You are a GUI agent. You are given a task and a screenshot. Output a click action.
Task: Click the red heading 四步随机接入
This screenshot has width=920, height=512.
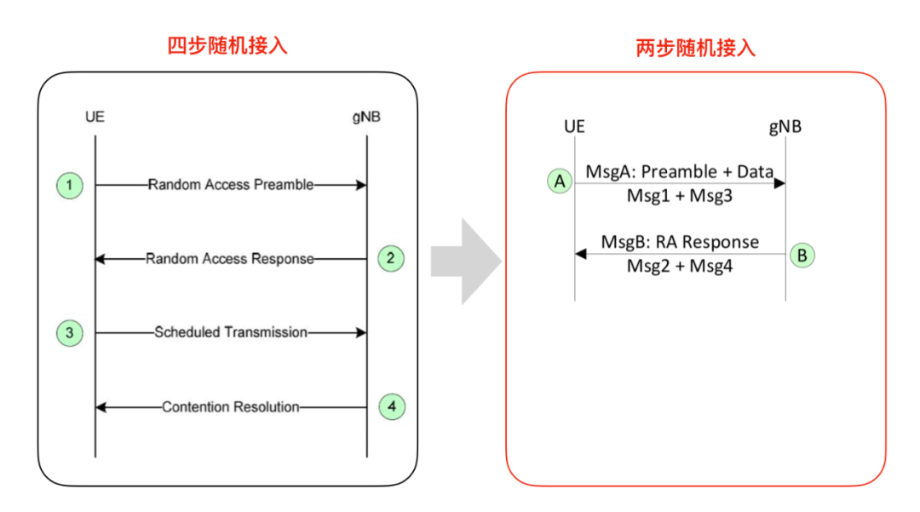227,46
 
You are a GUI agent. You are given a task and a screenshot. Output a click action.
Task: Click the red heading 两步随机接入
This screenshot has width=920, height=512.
696,48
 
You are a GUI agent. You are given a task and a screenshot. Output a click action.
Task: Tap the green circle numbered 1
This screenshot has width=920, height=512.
70,185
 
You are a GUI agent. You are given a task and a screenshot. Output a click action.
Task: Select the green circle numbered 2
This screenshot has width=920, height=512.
390,258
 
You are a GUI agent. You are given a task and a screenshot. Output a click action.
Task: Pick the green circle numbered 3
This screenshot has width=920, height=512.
70,333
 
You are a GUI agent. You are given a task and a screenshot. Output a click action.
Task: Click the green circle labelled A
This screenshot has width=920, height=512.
560,181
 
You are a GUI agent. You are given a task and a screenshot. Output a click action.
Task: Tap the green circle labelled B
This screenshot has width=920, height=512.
802,254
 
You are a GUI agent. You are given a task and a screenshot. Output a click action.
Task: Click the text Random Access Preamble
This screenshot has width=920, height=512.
230,185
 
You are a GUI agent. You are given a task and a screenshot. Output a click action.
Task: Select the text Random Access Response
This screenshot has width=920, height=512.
230,259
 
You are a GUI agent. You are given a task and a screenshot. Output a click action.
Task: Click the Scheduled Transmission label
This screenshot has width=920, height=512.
230,332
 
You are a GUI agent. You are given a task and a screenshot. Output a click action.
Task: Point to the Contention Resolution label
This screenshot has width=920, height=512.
230,407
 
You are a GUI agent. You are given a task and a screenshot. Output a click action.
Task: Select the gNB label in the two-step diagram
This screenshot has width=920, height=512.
785,127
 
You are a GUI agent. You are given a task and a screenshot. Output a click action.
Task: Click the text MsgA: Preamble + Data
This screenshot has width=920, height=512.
679,171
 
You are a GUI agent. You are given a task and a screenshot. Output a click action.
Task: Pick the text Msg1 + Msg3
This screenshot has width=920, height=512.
679,196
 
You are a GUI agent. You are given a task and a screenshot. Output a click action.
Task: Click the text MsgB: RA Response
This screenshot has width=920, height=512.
680,242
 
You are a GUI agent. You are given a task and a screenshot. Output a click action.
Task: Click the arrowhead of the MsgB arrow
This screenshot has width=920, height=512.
581,254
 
